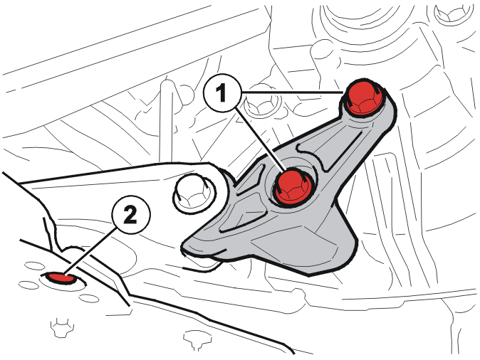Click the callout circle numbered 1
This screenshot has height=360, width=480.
pos(222,92)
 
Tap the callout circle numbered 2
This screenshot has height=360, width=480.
pos(131,214)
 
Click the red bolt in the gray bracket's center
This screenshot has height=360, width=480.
pos(293,186)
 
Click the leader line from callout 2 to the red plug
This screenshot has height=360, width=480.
pos(90,251)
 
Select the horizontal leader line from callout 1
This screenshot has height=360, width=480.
pos(293,92)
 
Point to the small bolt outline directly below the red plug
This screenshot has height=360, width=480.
pos(61,328)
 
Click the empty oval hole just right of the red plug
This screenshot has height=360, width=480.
pos(89,298)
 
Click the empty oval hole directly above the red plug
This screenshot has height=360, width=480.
pos(34,265)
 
